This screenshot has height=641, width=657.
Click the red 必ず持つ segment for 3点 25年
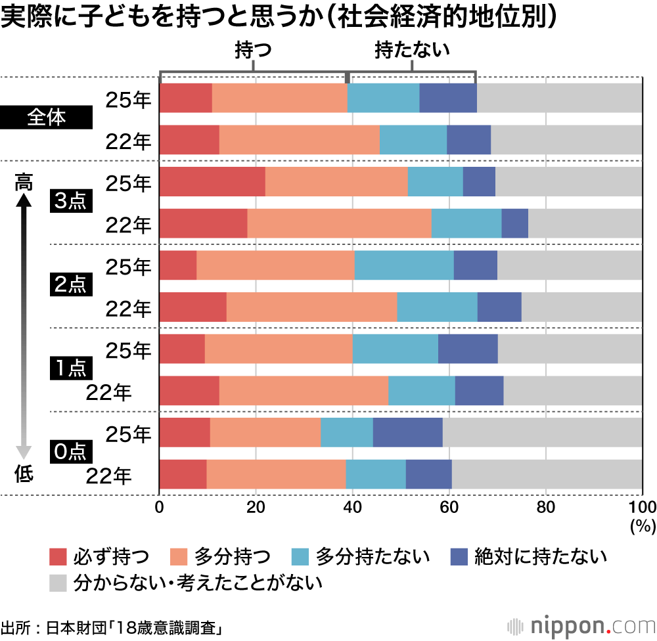coord(212,182)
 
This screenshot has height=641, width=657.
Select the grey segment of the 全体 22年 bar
coord(566,140)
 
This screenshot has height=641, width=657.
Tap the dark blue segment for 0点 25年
coord(407,433)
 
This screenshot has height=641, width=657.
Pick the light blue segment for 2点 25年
coord(404,265)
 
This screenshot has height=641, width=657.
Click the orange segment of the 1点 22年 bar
coord(304,391)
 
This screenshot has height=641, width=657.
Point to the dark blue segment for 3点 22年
coord(514,223)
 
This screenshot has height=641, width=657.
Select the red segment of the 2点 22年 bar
coord(193,307)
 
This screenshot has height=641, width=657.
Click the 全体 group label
coord(47,119)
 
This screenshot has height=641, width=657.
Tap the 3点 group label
coord(69,202)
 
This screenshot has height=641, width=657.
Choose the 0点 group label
coord(69,453)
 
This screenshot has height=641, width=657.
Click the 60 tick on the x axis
coord(449,506)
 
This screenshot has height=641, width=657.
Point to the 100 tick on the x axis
coord(642,506)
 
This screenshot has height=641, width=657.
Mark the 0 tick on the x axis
coord(159,506)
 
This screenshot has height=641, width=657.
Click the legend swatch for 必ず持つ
coord(58,557)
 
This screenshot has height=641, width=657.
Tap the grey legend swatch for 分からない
coord(58,582)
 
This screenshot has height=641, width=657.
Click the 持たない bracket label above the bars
coord(411,51)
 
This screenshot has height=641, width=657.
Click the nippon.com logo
coord(581,624)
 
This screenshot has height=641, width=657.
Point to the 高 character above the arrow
coord(24,182)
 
